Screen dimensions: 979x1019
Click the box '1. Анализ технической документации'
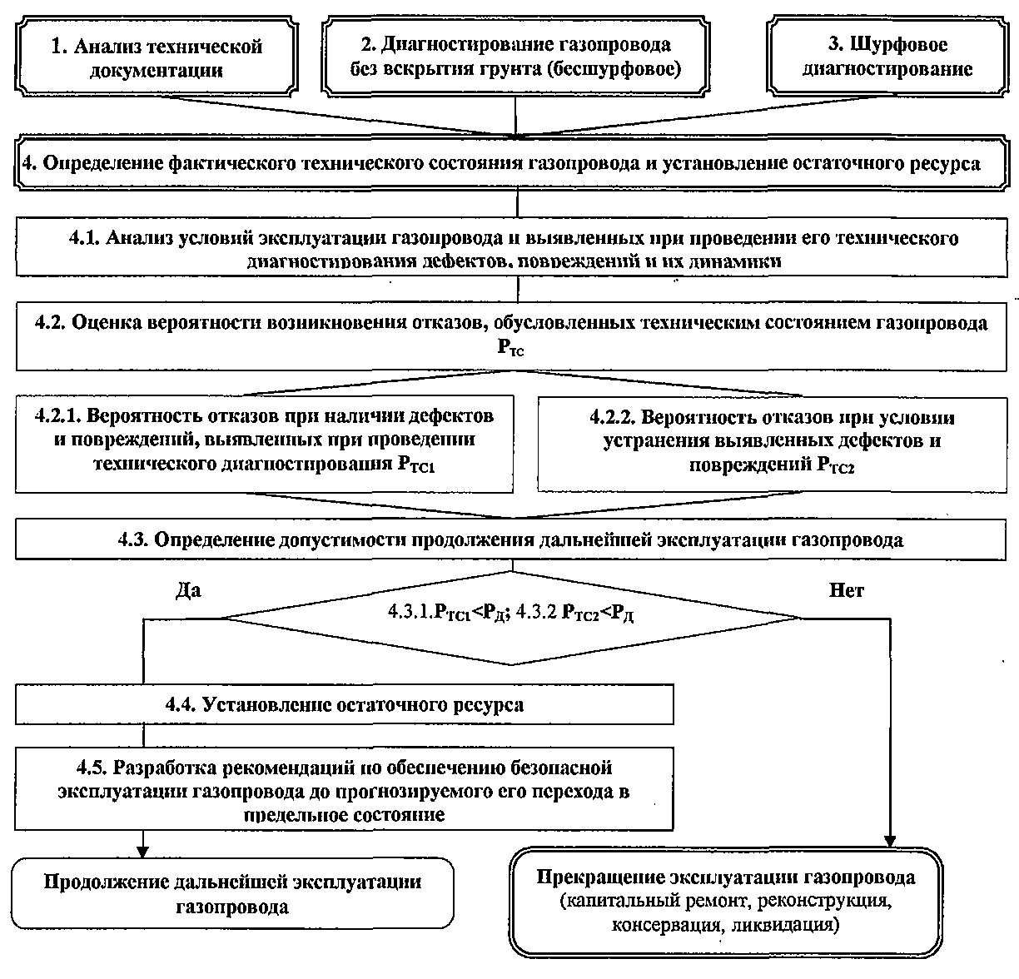click(157, 57)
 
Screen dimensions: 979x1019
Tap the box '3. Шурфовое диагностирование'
click(887, 57)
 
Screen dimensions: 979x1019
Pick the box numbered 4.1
click(511, 249)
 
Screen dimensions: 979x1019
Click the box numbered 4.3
click(511, 539)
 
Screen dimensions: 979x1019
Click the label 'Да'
click(188, 590)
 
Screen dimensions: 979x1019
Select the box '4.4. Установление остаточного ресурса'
click(345, 705)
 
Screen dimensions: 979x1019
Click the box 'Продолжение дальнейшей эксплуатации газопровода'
click(233, 894)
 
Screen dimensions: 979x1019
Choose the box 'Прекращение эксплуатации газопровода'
click(725, 901)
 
